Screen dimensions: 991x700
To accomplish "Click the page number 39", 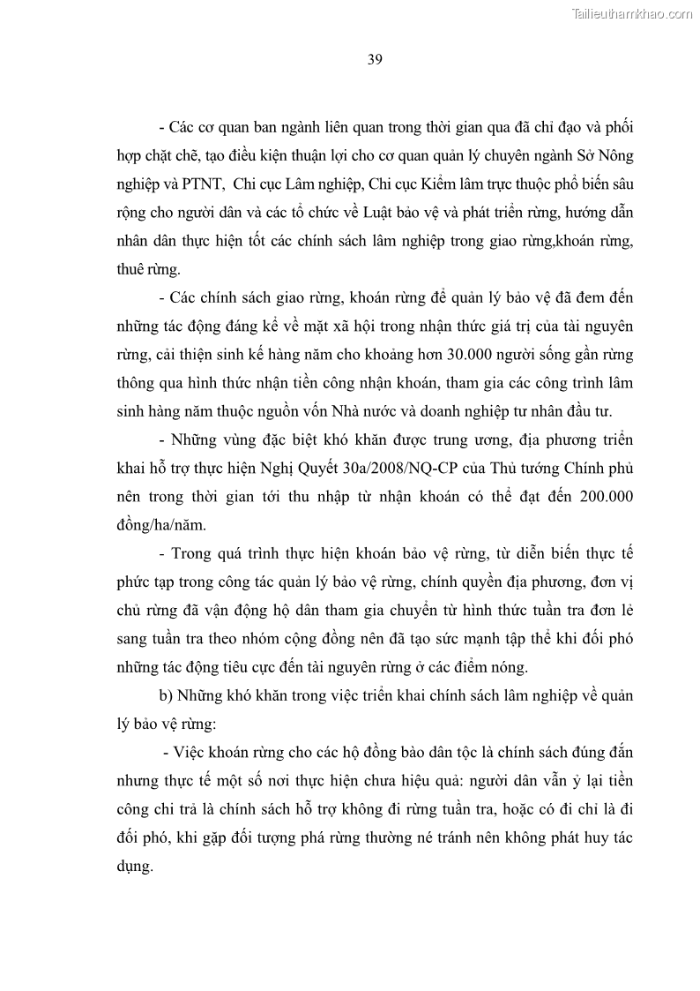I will pos(373,60).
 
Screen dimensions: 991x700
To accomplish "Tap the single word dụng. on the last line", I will pos(134,867).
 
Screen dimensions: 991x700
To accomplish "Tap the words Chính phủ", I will pos(593,468).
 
